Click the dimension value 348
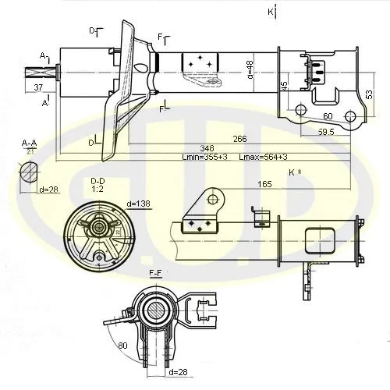(185, 148)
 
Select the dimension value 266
(239, 139)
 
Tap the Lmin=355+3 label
(204, 158)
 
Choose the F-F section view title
(157, 274)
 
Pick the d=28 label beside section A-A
(50, 190)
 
